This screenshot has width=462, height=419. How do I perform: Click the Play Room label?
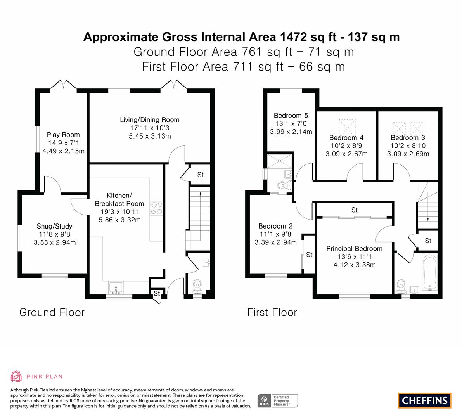point(63,135)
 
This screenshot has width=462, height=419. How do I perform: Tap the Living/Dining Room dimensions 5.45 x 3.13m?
point(150,136)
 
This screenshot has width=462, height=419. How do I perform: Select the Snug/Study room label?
point(55,226)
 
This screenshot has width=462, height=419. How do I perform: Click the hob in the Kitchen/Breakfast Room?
point(156,208)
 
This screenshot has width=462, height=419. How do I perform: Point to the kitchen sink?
point(116,288)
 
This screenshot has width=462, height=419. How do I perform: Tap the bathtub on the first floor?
point(429,273)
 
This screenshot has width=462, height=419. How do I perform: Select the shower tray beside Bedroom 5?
point(279,161)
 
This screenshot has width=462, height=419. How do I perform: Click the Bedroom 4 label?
point(346,138)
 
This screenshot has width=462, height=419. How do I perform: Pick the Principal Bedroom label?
point(354,249)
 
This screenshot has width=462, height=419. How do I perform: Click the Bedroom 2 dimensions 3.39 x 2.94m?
point(275,242)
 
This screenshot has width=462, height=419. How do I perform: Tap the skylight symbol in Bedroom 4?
point(347,127)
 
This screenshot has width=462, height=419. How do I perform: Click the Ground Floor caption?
point(52,312)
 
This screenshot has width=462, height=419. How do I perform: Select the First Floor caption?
point(272,312)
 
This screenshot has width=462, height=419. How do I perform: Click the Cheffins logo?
point(425,400)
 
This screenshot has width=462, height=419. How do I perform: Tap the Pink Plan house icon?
point(16,376)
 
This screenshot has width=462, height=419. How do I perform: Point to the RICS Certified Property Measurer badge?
point(278,401)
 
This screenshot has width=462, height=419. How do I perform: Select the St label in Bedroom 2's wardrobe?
point(309,255)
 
